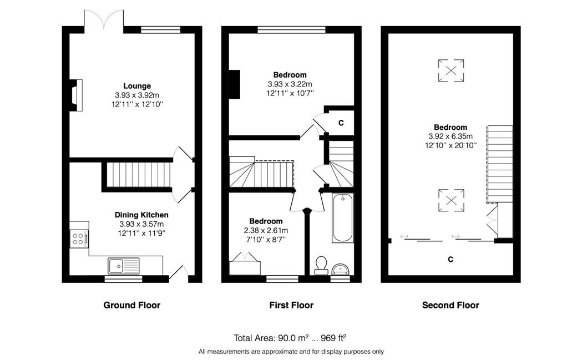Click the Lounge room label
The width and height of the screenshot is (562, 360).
click(137, 86)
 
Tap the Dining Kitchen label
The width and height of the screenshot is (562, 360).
click(141, 215)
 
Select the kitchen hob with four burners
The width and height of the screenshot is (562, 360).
click(78, 239)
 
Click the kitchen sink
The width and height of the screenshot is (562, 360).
click(124, 266)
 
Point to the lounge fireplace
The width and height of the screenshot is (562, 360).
click(77, 95)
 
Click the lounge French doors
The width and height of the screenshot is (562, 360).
click(104, 20)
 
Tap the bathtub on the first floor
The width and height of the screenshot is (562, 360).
click(343, 218)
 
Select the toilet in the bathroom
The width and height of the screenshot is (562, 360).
click(321, 266)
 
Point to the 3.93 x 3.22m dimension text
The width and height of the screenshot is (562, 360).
click(290, 84)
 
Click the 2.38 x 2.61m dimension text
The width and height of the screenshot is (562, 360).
click(266, 230)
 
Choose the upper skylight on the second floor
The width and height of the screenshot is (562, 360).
click(451, 70)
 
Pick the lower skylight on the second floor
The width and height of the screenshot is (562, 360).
click(451, 200)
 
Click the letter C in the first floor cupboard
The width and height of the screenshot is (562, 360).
click(341, 123)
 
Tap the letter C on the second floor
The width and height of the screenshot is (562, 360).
click(450, 260)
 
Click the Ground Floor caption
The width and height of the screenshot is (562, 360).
click(132, 305)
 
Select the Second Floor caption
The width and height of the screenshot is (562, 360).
click(450, 305)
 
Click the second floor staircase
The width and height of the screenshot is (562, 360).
click(500, 164)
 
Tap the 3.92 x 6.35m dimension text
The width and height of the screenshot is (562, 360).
click(450, 136)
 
